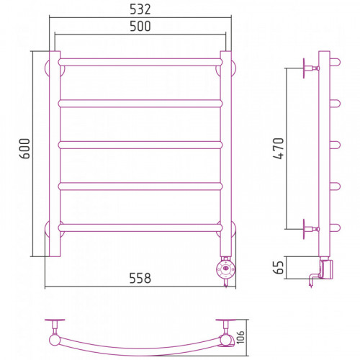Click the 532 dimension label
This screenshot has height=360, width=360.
[140, 9]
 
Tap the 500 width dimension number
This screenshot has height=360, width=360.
[140, 26]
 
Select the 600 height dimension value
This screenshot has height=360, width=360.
[25, 148]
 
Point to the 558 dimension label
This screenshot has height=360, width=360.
[140, 278]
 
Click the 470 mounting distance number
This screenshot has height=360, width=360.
[279, 148]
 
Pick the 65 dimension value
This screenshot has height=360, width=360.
[279, 267]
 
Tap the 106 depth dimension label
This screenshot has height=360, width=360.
[240, 337]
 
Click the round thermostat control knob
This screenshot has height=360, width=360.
[225, 269]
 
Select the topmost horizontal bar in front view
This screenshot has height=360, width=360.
[140, 62]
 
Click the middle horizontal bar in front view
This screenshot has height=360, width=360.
[140, 145]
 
